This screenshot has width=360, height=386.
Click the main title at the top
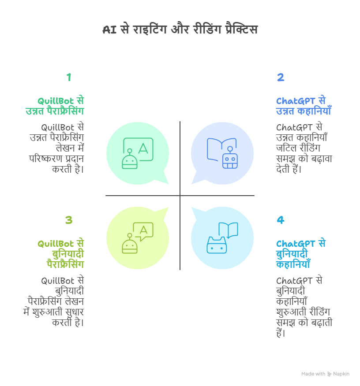[180, 30]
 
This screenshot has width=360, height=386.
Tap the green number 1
[69, 78]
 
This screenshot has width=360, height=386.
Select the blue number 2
[281, 78]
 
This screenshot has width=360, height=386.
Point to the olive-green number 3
[69, 220]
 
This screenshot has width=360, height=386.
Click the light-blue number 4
[281, 220]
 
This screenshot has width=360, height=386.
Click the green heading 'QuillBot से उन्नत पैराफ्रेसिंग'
[55, 106]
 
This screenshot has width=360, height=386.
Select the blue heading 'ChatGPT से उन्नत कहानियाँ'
[304, 106]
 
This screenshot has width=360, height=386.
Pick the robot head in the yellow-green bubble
[129, 245]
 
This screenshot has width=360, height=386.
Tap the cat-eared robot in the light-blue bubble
[216, 245]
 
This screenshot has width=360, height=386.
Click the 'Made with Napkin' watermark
[325, 374]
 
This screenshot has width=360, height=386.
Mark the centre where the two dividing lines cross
[180, 196]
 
